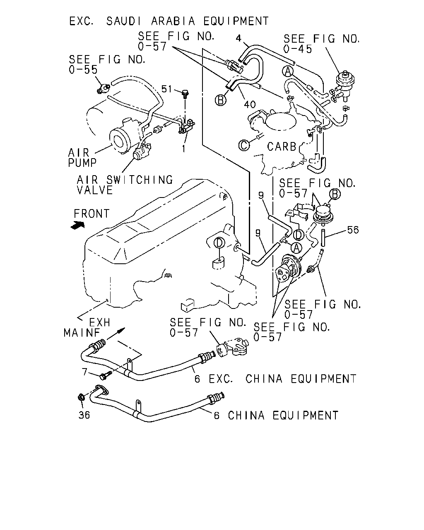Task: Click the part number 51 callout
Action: click(x=166, y=89)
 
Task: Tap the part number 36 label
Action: click(x=84, y=415)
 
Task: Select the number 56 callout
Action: click(x=353, y=230)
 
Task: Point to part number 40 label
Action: click(x=250, y=105)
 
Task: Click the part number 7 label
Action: click(x=84, y=372)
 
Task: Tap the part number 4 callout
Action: click(x=238, y=38)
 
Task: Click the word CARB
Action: click(x=282, y=147)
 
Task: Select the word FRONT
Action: click(x=92, y=214)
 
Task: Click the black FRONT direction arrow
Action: click(x=77, y=225)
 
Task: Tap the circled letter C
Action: click(x=244, y=145)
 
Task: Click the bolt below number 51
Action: click(x=185, y=94)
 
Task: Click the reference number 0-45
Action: click(x=298, y=49)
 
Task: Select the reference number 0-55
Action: click(x=83, y=70)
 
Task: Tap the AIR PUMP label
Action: click(x=82, y=158)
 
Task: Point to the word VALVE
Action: click(x=95, y=190)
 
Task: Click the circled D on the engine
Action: click(x=219, y=243)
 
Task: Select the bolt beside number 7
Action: click(x=105, y=375)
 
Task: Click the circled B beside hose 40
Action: click(x=221, y=100)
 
